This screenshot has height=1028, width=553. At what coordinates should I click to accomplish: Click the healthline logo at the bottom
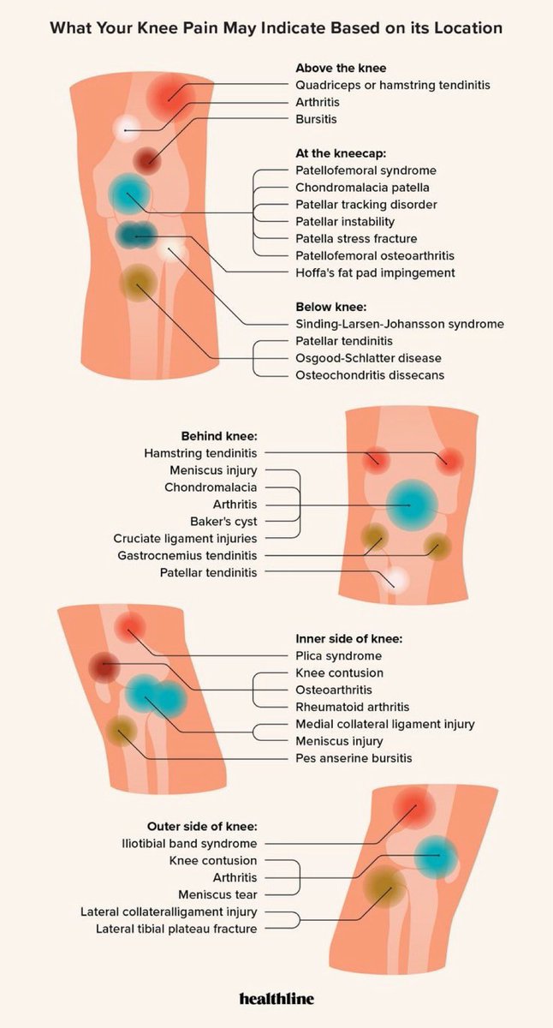click(x=276, y=999)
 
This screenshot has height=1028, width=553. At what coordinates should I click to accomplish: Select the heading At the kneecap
click(x=342, y=153)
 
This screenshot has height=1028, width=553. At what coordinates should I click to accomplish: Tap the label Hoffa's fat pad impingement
click(x=375, y=272)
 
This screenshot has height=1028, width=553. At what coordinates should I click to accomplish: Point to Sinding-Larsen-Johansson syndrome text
click(x=400, y=324)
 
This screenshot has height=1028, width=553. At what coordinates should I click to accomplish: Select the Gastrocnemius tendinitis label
click(x=189, y=555)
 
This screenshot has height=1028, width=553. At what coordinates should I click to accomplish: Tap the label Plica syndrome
click(x=339, y=655)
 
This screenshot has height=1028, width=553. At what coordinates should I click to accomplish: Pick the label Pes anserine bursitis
click(x=354, y=758)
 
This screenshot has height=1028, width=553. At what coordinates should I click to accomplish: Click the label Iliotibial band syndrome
click(x=189, y=843)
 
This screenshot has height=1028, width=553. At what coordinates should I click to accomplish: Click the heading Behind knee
click(x=218, y=435)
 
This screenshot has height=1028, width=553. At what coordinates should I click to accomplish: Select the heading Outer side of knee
click(x=202, y=826)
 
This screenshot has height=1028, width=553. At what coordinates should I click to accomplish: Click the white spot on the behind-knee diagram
click(x=397, y=579)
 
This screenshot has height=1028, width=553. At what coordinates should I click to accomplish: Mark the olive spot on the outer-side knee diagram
click(x=384, y=886)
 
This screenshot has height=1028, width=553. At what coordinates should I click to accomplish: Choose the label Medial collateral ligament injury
click(x=384, y=724)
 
